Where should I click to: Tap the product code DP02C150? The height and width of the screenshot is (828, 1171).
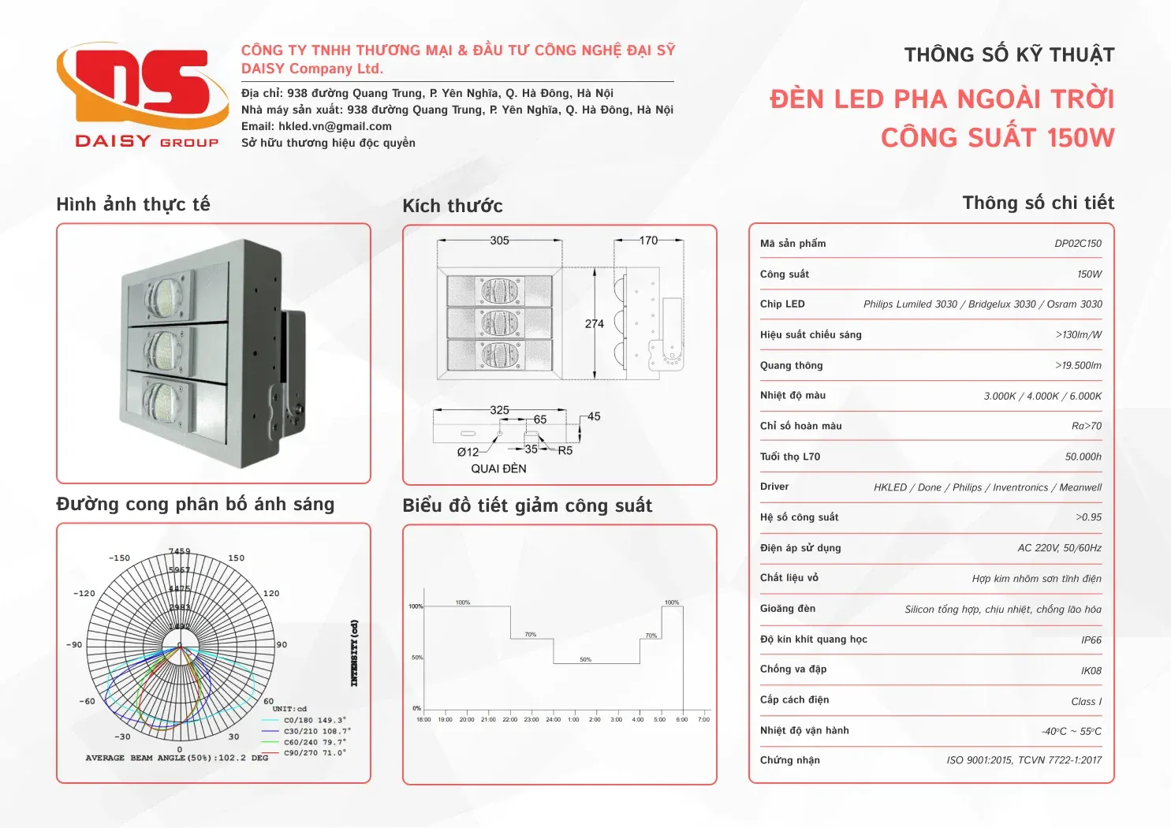pyautogui.click(x=1077, y=244)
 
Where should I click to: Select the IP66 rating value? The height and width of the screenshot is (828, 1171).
pyautogui.click(x=1091, y=640)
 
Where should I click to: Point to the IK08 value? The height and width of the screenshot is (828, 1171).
pyautogui.click(x=1091, y=671)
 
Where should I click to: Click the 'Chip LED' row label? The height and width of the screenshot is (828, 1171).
pyautogui.click(x=782, y=304)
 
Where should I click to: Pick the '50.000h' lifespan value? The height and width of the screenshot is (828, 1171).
pyautogui.click(x=1083, y=457)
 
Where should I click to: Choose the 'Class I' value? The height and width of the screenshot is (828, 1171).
pyautogui.click(x=1086, y=702)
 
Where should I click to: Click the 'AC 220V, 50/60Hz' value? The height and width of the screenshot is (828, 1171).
pyautogui.click(x=1059, y=548)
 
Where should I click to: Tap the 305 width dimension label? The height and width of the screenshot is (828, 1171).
pyautogui.click(x=499, y=241)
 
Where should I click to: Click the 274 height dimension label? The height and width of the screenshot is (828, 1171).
pyautogui.click(x=594, y=324)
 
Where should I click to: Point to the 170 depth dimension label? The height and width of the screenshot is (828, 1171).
pyautogui.click(x=648, y=241)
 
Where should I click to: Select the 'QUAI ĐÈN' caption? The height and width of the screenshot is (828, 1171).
pyautogui.click(x=498, y=468)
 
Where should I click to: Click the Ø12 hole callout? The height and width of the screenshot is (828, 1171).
pyautogui.click(x=468, y=452)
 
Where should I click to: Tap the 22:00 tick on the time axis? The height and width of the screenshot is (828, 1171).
pyautogui.click(x=509, y=719)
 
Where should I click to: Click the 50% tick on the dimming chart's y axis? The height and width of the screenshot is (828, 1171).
pyautogui.click(x=417, y=658)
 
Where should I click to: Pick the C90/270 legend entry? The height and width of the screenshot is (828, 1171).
pyautogui.click(x=314, y=753)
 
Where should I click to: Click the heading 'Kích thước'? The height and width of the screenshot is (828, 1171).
pyautogui.click(x=452, y=206)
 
